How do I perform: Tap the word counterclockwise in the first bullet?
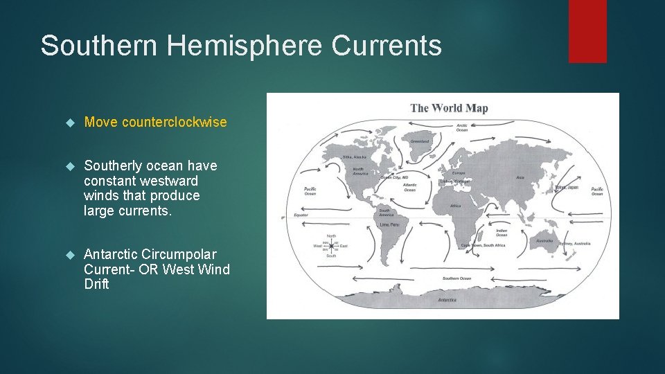click(x=174, y=123)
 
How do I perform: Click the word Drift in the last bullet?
click(x=96, y=285)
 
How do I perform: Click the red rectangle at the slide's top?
click(x=587, y=31)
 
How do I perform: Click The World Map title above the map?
click(x=449, y=107)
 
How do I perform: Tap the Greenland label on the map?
click(x=420, y=141)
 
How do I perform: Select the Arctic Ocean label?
click(x=461, y=127)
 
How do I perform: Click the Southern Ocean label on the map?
click(x=456, y=278)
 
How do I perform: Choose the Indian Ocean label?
click(x=502, y=233)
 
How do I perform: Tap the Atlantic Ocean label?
click(x=410, y=187)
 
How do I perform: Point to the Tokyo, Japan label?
click(x=566, y=187)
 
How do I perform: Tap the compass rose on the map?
click(x=330, y=245)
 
